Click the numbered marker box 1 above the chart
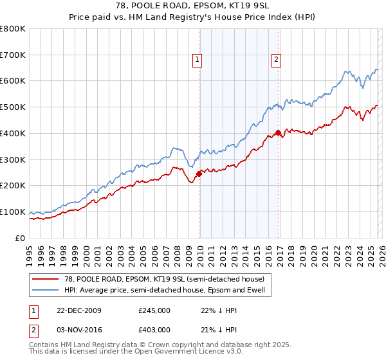pos(198,60)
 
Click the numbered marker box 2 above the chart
pos(276,60)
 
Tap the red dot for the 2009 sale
pos(199,173)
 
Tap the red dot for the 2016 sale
pos(278,132)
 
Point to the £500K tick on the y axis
pos(14,107)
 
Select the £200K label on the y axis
pos(14,186)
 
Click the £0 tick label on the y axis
pos(19,238)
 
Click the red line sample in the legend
pos(45,278)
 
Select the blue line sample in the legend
pos(45,290)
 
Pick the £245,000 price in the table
pos(154,310)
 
